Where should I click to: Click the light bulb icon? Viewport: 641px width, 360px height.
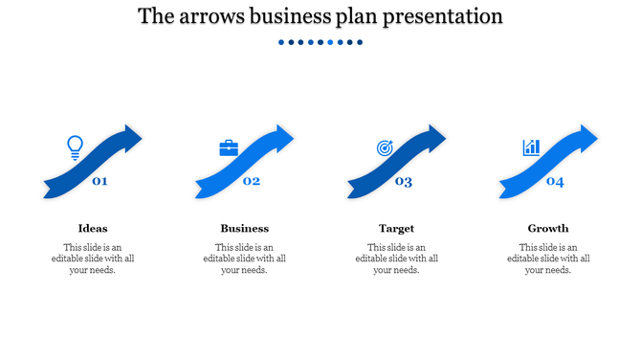(75, 147)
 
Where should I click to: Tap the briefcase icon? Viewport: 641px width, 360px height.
(229, 148)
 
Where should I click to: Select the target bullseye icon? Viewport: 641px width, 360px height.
(385, 148)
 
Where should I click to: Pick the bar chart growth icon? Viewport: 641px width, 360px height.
(531, 147)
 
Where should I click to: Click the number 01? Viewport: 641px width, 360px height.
(99, 181)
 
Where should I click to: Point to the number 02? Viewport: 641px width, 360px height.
(252, 181)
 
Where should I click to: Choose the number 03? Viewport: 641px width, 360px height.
(404, 182)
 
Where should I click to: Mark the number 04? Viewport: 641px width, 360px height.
(555, 182)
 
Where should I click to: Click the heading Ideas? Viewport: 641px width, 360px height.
(93, 228)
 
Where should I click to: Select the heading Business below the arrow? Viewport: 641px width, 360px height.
(244, 228)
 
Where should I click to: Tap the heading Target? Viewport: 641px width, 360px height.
(396, 228)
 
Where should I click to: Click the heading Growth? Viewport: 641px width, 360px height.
(548, 228)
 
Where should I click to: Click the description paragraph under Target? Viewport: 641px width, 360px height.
(396, 259)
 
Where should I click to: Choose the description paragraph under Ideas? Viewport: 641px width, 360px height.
(93, 259)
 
